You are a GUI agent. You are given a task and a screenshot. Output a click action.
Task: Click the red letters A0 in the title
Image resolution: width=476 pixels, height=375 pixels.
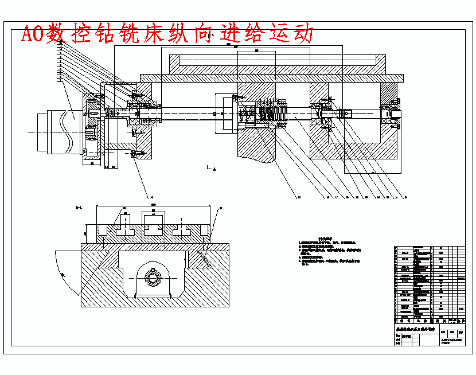point(33,34)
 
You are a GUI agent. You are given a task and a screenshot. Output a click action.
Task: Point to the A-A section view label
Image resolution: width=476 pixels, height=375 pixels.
point(81,207)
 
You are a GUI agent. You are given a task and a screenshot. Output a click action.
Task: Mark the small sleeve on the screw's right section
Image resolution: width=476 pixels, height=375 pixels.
point(345,113)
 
